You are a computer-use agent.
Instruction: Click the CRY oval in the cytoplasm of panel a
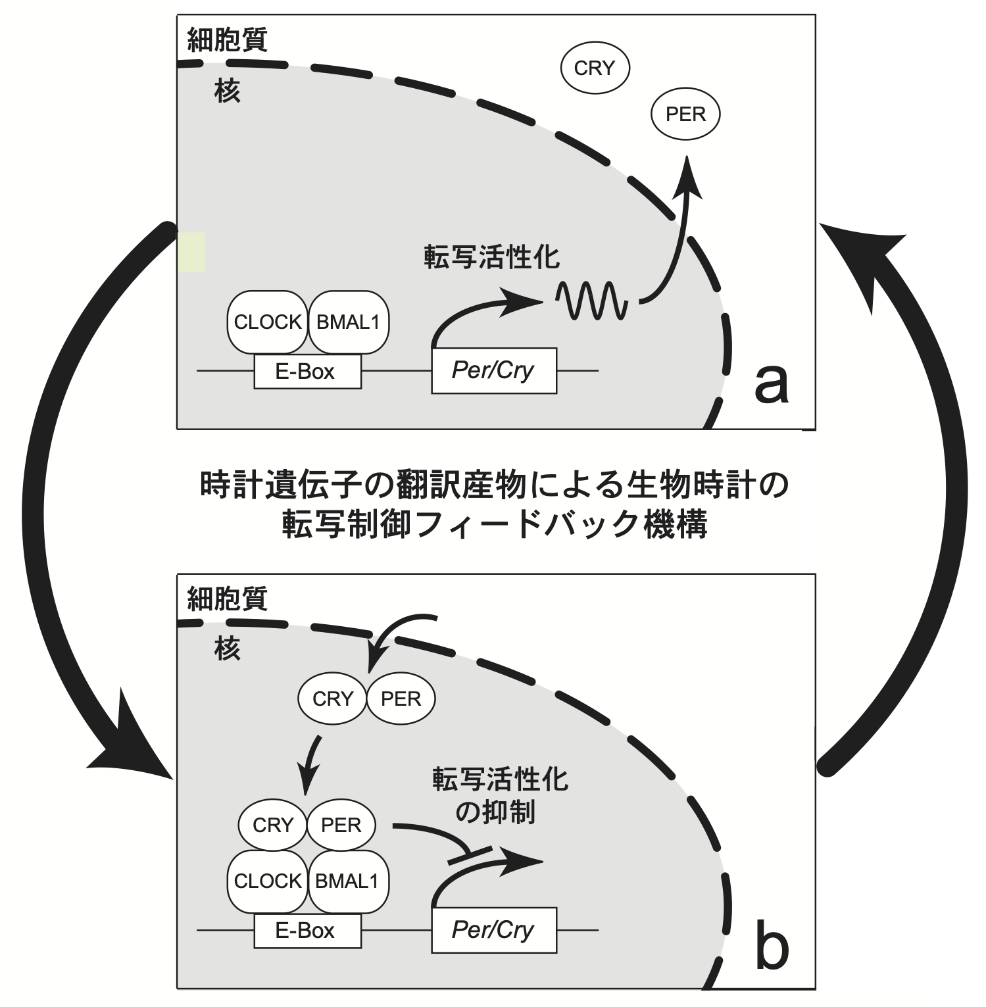coord(595,68)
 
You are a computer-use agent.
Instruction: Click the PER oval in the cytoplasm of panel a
coord(685,114)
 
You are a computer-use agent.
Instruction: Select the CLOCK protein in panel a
coord(268,322)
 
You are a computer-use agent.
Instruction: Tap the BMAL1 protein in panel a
coord(348,322)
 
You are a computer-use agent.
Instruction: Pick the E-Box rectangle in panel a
coord(308,372)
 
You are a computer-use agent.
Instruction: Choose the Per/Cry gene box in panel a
coord(493,371)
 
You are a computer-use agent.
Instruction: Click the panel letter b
coord(771,947)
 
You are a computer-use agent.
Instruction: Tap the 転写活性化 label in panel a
coord(491,257)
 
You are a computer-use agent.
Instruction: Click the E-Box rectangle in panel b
coord(308,931)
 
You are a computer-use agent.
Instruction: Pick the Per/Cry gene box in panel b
coord(493,930)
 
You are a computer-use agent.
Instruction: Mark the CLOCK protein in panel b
coord(268,881)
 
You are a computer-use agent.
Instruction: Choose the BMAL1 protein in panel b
coord(347,881)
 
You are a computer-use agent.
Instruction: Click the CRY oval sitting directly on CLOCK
coord(272,825)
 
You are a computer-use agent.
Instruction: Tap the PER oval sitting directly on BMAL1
coord(341,825)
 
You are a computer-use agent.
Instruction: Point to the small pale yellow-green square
coord(191,252)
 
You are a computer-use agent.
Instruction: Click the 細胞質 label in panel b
coord(228,599)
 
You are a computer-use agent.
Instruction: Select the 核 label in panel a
coord(228,91)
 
